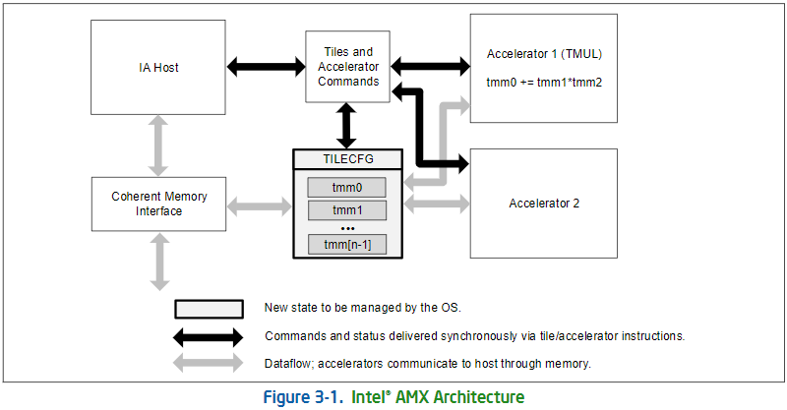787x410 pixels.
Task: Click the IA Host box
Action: tap(158, 68)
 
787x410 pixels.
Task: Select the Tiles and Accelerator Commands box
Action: tap(349, 66)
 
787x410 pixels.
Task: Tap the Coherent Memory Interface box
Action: tap(158, 204)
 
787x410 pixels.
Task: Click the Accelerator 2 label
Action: tap(544, 204)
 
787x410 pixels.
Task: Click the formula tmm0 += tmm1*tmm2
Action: tap(544, 82)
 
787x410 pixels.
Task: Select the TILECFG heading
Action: tap(348, 159)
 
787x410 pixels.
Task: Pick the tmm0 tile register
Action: tap(348, 187)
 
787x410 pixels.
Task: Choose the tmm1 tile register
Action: tap(348, 210)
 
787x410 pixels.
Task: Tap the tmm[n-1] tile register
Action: tap(348, 244)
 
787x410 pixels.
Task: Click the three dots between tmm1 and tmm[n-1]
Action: tap(348, 227)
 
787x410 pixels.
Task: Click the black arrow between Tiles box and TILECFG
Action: tap(348, 125)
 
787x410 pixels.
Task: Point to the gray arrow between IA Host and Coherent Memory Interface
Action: tap(158, 147)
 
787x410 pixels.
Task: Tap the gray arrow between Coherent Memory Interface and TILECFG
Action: tap(260, 205)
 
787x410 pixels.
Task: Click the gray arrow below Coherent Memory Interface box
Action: tap(158, 262)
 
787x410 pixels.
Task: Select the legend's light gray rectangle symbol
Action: tap(209, 309)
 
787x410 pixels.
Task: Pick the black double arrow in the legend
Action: tap(209, 336)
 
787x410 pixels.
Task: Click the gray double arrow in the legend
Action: tap(209, 364)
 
